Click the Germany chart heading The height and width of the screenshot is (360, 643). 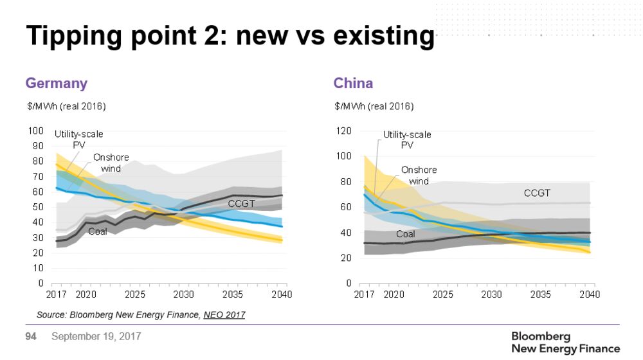pos(56,84)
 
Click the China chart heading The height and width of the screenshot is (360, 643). pos(353,84)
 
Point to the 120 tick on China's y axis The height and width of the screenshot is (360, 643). pos(344,131)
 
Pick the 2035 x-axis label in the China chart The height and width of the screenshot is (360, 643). pos(541,295)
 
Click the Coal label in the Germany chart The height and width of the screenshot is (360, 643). pos(97,231)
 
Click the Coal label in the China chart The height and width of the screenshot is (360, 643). pos(405,234)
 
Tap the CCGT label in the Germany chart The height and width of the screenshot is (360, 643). pos(241,204)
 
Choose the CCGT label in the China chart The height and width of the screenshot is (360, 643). pos(538,193)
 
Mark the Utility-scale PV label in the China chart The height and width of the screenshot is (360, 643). pos(407,139)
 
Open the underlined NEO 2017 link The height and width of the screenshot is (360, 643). pos(224,315)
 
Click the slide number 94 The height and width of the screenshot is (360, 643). pos(30,336)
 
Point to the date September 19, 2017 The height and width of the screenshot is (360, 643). pos(96,336)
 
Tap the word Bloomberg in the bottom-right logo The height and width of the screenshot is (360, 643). pos(541,337)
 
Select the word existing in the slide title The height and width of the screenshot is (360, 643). pos(385,37)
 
